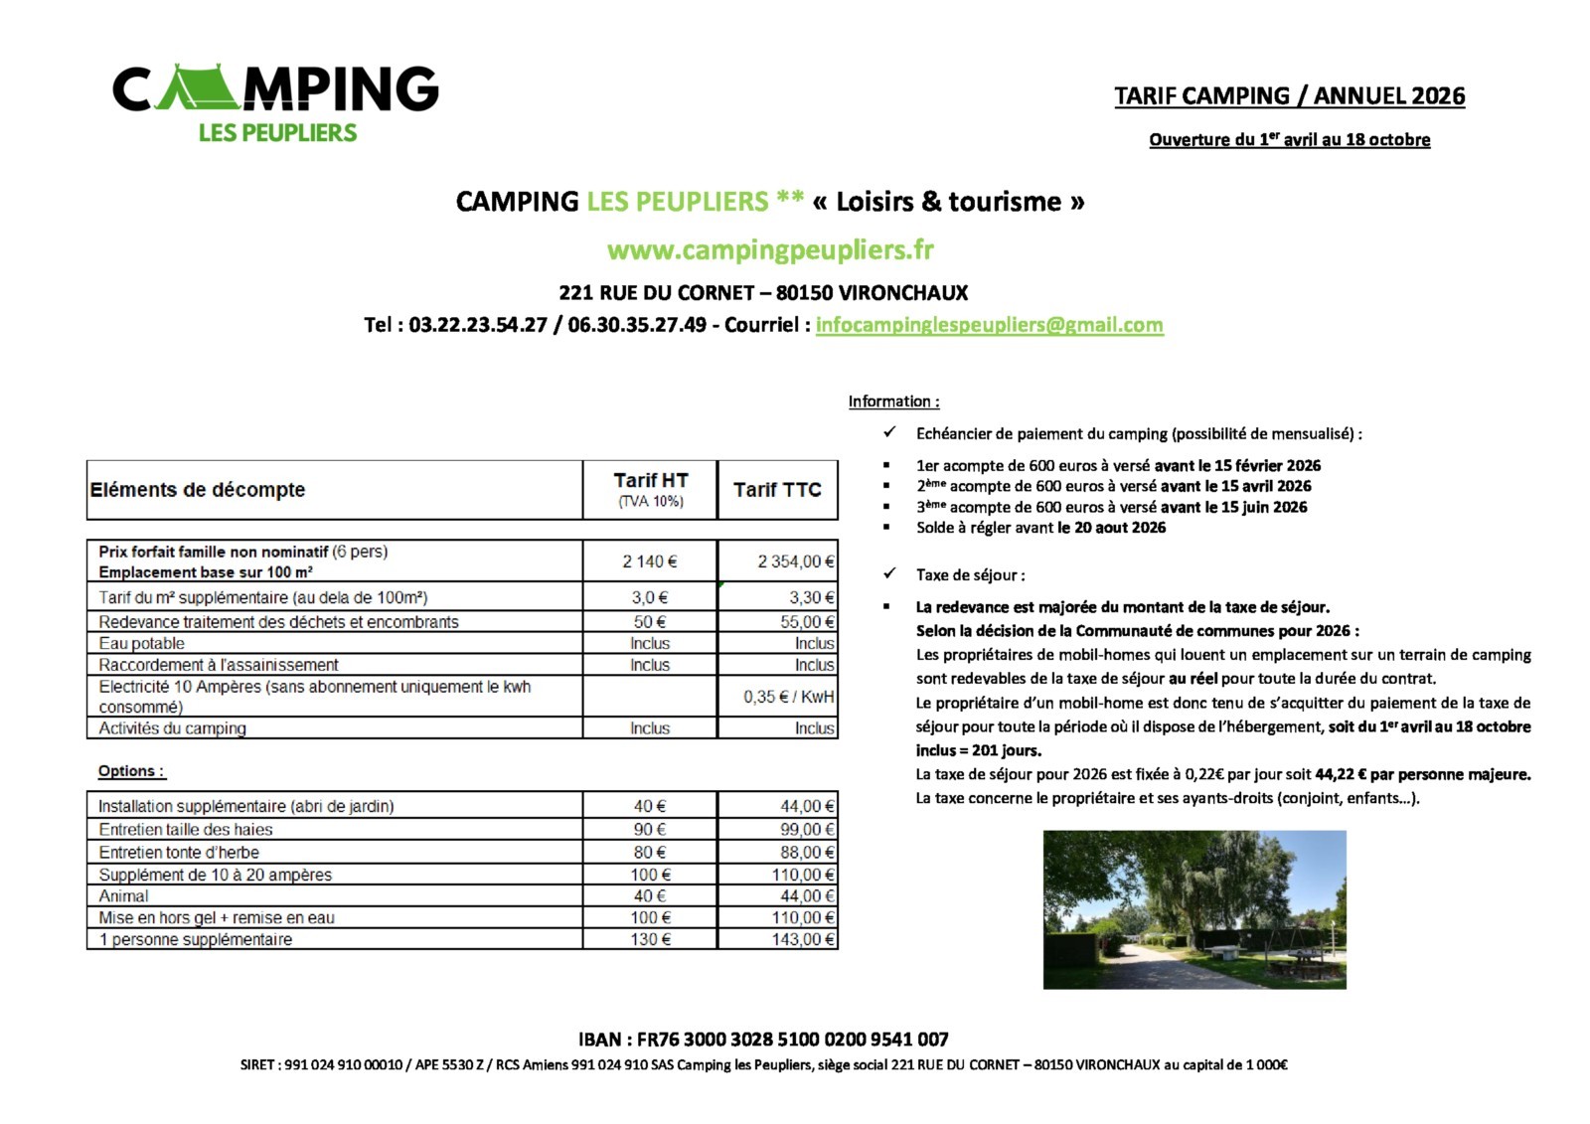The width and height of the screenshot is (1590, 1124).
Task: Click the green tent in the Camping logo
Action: coord(198,89)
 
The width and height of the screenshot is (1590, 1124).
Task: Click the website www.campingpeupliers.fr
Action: coord(770,250)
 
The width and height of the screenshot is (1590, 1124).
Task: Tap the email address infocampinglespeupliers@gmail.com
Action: coord(989,325)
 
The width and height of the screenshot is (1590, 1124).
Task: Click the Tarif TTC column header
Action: coord(777,490)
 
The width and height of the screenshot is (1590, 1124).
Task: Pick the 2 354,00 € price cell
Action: coord(795,562)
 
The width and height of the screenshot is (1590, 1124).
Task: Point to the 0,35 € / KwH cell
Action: coord(788,697)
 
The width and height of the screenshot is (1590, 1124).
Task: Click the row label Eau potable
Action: coord(141,643)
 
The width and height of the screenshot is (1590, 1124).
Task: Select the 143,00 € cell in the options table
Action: coord(803,939)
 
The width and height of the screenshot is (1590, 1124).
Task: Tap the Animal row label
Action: coord(123,895)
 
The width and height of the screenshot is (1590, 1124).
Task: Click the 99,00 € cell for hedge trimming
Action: coord(806,829)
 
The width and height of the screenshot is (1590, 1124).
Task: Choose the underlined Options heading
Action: coord(131,771)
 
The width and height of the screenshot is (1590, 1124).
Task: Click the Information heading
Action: coord(892,401)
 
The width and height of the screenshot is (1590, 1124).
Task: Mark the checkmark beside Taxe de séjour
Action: coord(889,573)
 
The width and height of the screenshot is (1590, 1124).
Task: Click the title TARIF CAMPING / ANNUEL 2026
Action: coord(1289,96)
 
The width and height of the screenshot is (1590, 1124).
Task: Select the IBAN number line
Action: coord(763,1040)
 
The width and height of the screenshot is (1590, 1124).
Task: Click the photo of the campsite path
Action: coord(1193,909)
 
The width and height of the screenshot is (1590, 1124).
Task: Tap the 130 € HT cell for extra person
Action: coord(650,939)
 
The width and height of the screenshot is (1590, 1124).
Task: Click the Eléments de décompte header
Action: coord(198,490)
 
